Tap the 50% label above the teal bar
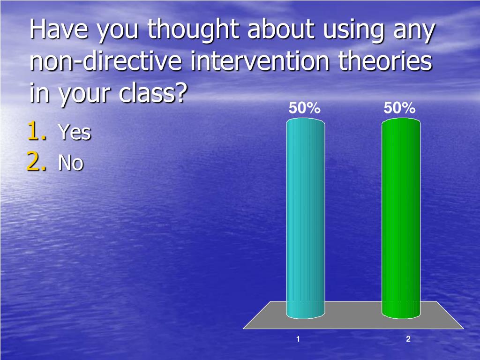coord(304,108)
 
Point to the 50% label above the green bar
coord(399,108)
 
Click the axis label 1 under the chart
coord(298,339)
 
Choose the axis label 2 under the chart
coord(408,339)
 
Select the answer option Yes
coord(74,133)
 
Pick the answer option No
coord(70,163)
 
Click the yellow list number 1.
coord(37,131)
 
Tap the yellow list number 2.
coord(37,162)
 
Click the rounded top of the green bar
coord(401,121)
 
